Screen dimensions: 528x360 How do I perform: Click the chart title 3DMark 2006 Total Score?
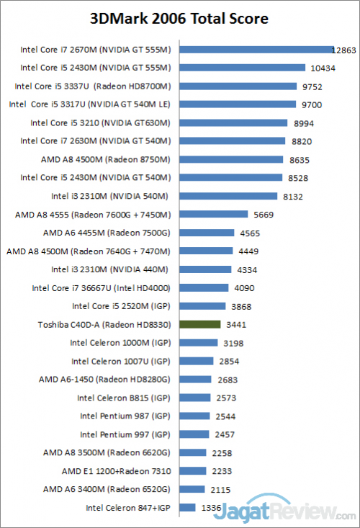click(179, 18)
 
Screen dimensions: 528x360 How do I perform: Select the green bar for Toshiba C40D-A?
click(199, 324)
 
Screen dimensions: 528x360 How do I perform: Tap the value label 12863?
click(343, 50)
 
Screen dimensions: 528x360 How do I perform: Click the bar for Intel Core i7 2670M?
click(256, 50)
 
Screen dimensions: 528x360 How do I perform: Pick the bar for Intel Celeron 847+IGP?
click(187, 507)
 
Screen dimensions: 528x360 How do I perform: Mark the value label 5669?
click(263, 214)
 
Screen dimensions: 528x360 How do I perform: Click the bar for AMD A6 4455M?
click(207, 233)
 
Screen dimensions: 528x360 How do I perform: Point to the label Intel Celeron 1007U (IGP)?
click(121, 361)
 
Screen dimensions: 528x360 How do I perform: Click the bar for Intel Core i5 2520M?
click(202, 306)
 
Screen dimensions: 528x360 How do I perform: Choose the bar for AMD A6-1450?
click(195, 379)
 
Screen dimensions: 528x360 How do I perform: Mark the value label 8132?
click(292, 196)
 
